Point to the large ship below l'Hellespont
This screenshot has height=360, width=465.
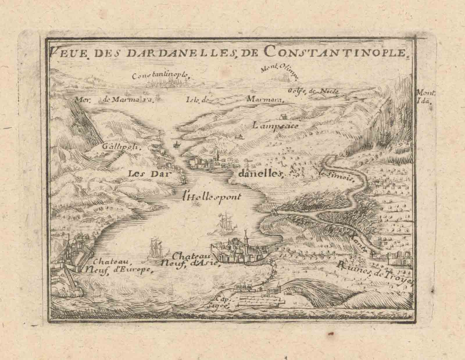(x=223, y=222)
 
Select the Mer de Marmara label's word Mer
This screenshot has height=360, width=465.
(x=83, y=100)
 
